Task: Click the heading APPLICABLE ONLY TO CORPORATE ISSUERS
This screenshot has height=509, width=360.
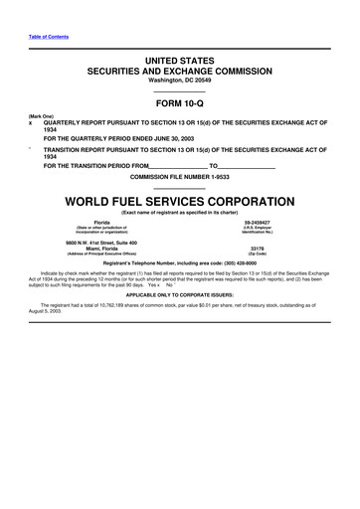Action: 179,295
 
